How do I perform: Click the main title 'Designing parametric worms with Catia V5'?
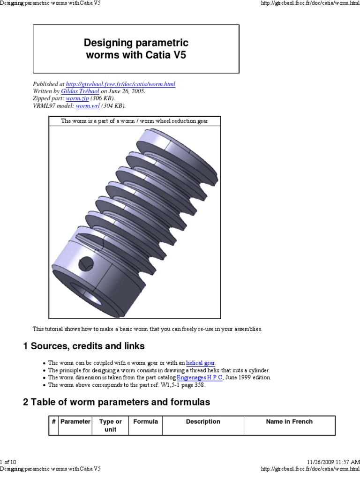[x=136, y=49]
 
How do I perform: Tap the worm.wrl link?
[x=84, y=105]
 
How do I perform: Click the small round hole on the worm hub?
[x=87, y=262]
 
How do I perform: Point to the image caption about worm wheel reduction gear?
[x=135, y=121]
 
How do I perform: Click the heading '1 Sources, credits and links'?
[x=84, y=346]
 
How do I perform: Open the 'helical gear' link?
[x=201, y=363]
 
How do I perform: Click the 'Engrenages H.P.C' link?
[x=200, y=377]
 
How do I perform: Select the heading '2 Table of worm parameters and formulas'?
[x=117, y=402]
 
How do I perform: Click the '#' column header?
[x=54, y=421]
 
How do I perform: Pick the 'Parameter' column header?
[x=75, y=421]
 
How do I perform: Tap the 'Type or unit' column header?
[x=110, y=425]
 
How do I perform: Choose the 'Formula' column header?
[x=145, y=421]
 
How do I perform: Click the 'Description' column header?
[x=203, y=421]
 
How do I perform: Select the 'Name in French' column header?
[x=289, y=421]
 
